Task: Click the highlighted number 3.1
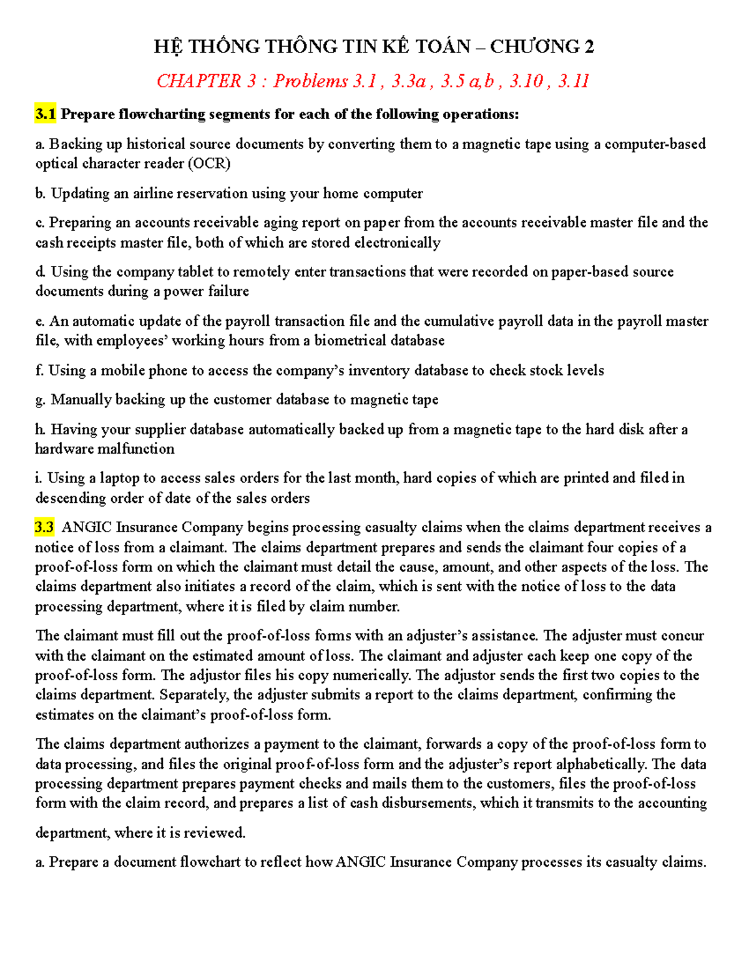click(x=46, y=114)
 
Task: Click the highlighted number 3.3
click(x=44, y=527)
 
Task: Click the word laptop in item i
click(x=119, y=479)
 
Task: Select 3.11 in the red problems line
click(x=574, y=81)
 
